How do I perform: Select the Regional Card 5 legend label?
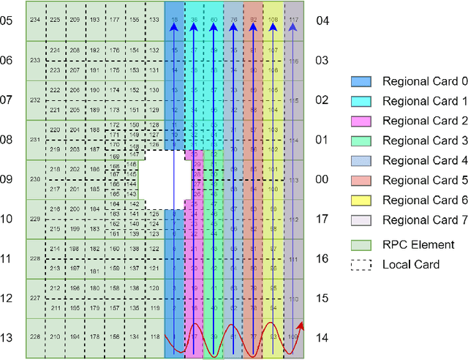[415, 180]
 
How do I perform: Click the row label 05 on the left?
[7, 21]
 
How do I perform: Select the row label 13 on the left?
[7, 338]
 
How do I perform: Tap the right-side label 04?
[322, 21]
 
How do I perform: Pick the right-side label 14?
[322, 338]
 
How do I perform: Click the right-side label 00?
[322, 179]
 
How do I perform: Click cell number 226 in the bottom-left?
[34, 337]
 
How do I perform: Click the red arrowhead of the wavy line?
[301, 325]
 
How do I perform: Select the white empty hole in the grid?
[156, 179]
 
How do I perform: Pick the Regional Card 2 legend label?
[415, 121]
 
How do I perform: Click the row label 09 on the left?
[7, 179]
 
